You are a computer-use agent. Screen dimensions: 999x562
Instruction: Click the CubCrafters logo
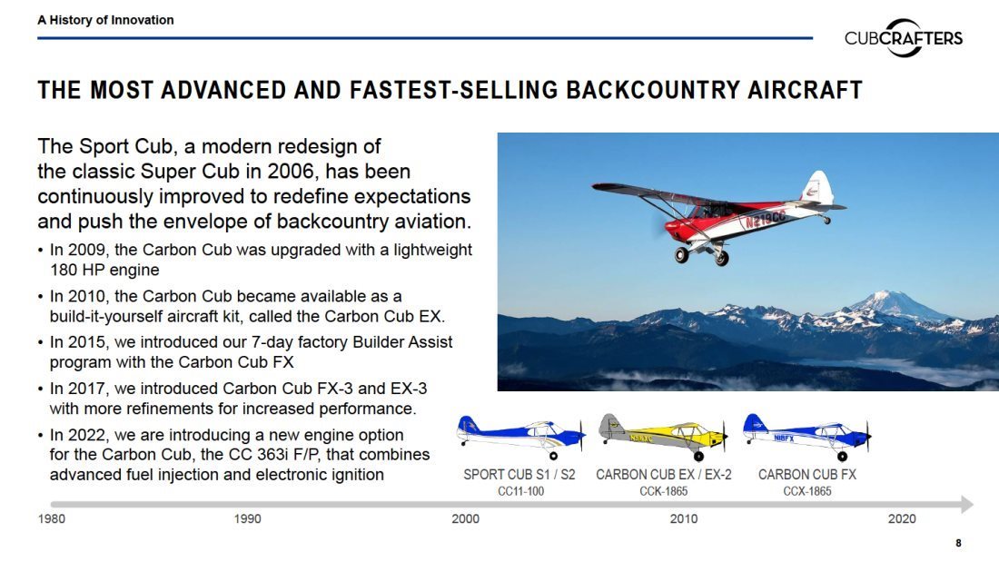pyautogui.click(x=904, y=37)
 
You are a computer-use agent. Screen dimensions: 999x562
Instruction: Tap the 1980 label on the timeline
pyautogui.click(x=52, y=518)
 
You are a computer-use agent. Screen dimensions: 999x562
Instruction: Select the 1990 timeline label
pyautogui.click(x=247, y=518)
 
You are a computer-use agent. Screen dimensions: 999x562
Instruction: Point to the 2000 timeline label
pyautogui.click(x=466, y=518)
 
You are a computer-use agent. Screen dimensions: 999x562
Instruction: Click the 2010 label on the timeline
pyautogui.click(x=684, y=518)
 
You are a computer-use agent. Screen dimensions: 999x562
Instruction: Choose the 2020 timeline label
pyautogui.click(x=902, y=518)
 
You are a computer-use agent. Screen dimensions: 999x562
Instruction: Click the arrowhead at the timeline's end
pyautogui.click(x=967, y=505)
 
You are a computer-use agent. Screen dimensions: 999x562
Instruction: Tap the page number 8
pyautogui.click(x=958, y=543)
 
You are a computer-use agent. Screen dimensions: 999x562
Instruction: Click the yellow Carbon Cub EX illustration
pyautogui.click(x=663, y=437)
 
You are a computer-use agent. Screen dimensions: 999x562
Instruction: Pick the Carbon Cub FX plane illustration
pyautogui.click(x=807, y=437)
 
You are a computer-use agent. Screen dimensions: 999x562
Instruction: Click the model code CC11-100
pyautogui.click(x=520, y=491)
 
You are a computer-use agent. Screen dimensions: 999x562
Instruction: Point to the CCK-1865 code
pyautogui.click(x=663, y=491)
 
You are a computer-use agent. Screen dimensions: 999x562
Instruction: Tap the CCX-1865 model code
pyautogui.click(x=807, y=491)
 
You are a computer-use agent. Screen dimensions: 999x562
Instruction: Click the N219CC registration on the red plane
pyautogui.click(x=765, y=219)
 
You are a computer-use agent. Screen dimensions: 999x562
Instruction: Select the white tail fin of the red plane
pyautogui.click(x=817, y=187)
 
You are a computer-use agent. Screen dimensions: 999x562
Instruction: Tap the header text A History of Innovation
pyautogui.click(x=105, y=20)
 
